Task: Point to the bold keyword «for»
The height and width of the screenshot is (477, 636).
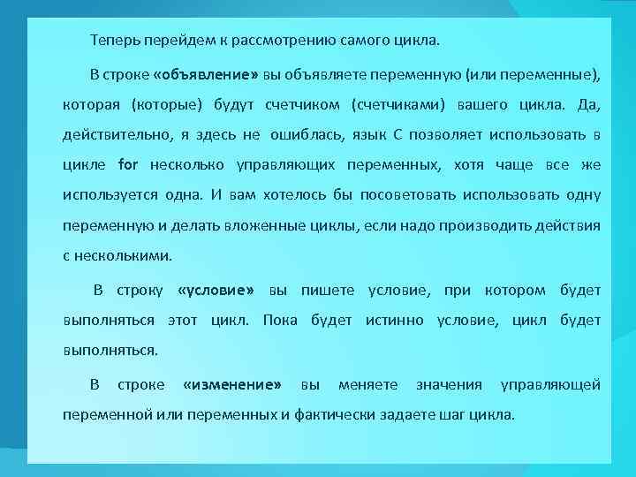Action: pyautogui.click(x=128, y=164)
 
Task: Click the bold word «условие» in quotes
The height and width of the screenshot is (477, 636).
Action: pyautogui.click(x=216, y=290)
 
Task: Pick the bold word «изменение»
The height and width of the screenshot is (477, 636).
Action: pyautogui.click(x=232, y=384)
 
